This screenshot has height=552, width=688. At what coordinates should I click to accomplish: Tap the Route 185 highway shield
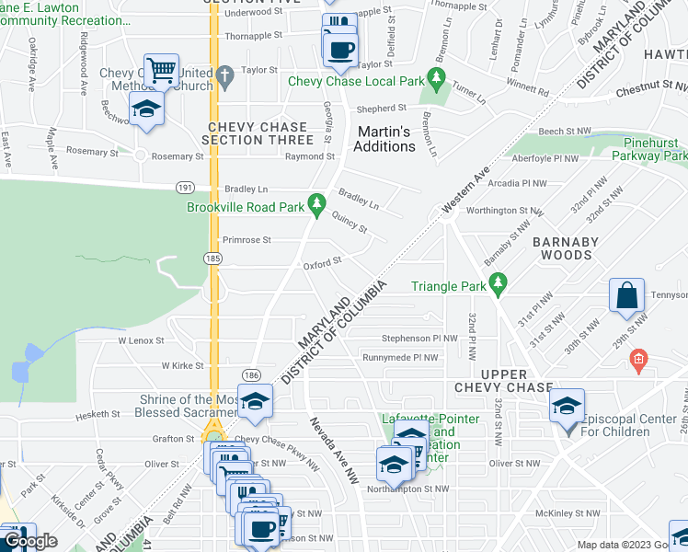click(212, 259)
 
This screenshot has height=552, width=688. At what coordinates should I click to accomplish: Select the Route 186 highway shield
click(249, 374)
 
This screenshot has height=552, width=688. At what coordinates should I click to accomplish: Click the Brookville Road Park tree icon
click(316, 203)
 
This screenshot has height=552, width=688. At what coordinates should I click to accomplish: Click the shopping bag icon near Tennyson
click(625, 296)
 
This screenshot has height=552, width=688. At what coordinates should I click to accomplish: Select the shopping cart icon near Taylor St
click(160, 69)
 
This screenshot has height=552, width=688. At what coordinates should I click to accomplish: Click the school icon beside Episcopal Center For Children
click(567, 406)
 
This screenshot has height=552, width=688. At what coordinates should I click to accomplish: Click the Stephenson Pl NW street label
click(419, 338)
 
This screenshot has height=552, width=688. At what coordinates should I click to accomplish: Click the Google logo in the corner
click(30, 541)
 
